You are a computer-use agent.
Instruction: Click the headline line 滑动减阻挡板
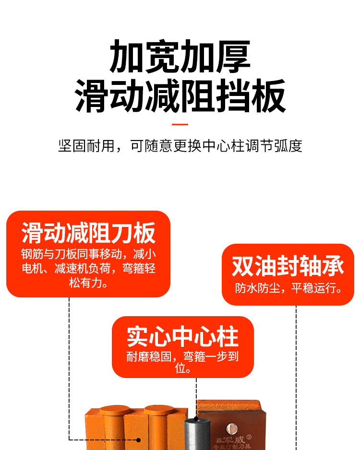click(180, 96)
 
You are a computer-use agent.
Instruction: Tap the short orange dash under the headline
click(180, 124)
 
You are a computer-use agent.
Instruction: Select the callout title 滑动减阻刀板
click(88, 233)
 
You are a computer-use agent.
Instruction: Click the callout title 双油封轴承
click(288, 266)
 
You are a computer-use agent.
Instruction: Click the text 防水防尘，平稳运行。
click(288, 288)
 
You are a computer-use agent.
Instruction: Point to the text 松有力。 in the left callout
click(88, 284)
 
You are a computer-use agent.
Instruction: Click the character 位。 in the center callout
click(183, 369)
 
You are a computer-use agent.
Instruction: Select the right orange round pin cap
click(159, 411)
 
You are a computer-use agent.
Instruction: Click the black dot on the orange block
click(138, 439)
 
